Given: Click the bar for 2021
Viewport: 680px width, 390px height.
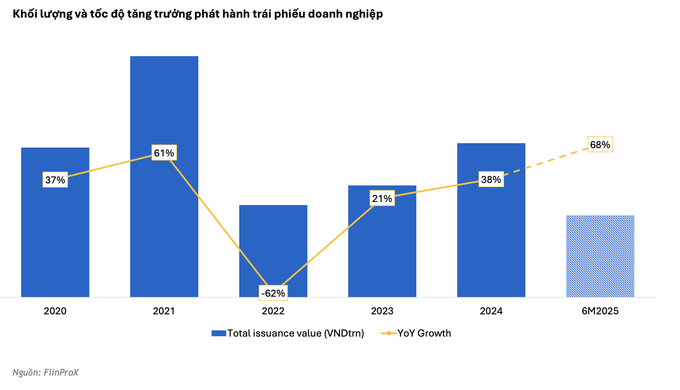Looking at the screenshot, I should coord(164,102).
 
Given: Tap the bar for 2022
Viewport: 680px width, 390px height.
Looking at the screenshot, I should coord(273,241).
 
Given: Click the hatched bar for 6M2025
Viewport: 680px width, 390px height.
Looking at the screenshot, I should coord(600,256).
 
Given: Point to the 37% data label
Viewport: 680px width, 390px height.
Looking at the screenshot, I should coord(55,180).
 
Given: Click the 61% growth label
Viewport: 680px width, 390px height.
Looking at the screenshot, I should coord(164,153).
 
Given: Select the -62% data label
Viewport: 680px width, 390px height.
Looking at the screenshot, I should coord(273,293).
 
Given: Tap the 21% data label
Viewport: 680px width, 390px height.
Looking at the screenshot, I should coord(382,199).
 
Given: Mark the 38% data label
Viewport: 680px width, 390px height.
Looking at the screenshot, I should coord(491,179).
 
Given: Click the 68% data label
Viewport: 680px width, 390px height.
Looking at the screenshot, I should coord(600,144).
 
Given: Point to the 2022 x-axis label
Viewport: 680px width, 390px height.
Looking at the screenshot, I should coord(273,311).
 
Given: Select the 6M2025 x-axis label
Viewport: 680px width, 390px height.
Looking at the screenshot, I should coord(600,311).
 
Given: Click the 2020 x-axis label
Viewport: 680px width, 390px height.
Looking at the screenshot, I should coord(55,311).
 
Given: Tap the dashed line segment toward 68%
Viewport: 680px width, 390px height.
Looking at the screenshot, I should coord(546,162).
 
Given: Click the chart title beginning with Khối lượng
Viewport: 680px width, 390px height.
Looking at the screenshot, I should coord(198,14).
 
